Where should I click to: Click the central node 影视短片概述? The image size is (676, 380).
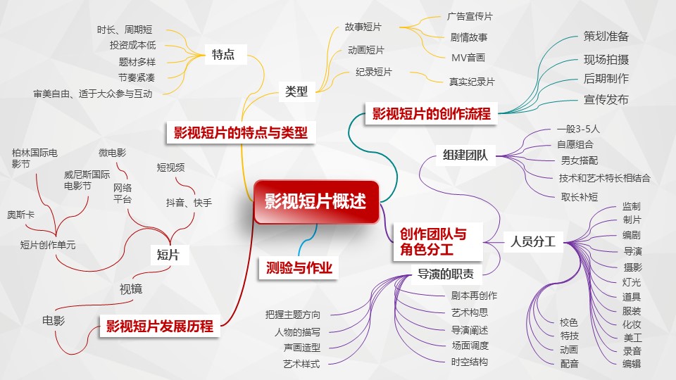coord(315,202)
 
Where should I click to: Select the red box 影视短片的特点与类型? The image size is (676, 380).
coord(241,132)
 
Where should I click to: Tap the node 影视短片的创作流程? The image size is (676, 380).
coord(431,113)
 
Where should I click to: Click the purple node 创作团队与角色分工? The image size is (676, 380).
coord(432,241)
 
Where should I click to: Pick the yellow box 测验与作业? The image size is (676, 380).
coord(299,267)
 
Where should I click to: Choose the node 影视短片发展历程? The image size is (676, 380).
coord(159,327)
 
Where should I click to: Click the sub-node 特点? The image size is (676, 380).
coord(223,55)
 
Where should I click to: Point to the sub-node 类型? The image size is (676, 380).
coord(296,91)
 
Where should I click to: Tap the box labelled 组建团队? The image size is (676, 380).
coord(465,155)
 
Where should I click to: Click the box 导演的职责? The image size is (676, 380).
coord(446,274)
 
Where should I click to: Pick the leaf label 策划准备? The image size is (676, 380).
coord(606,37)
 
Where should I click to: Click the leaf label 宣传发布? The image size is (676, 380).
coord(606,100)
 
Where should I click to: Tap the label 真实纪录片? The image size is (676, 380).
coord(472,82)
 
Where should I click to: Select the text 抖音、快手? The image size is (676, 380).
coord(189,203)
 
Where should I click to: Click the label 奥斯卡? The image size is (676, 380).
coord(20,215)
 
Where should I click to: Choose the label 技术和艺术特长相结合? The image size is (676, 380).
coord(604,178)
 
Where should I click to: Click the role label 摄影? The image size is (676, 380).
coord(632,267)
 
